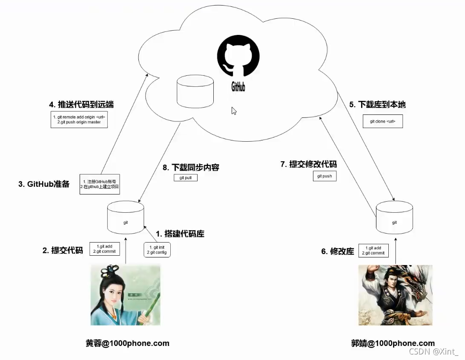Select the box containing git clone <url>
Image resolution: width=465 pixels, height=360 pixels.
point(382,121)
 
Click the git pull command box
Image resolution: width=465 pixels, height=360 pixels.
point(186,178)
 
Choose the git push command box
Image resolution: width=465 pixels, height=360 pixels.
point(324,176)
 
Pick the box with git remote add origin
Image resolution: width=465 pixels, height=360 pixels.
point(78,120)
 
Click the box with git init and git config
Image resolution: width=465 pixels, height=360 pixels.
point(157,250)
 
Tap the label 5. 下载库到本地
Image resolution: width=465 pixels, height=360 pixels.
point(377,104)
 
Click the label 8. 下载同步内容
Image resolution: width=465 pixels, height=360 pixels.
point(191,167)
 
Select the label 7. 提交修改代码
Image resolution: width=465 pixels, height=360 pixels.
point(308,164)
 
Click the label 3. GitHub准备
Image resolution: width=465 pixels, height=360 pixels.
point(43,184)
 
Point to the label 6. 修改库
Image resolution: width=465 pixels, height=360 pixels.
point(338,251)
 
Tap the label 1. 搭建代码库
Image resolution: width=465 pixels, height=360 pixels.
point(180,234)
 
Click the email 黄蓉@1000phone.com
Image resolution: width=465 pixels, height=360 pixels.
point(128,343)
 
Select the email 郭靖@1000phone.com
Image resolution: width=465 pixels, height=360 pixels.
point(393,343)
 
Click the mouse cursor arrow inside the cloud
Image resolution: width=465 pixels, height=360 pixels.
point(234,111)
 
